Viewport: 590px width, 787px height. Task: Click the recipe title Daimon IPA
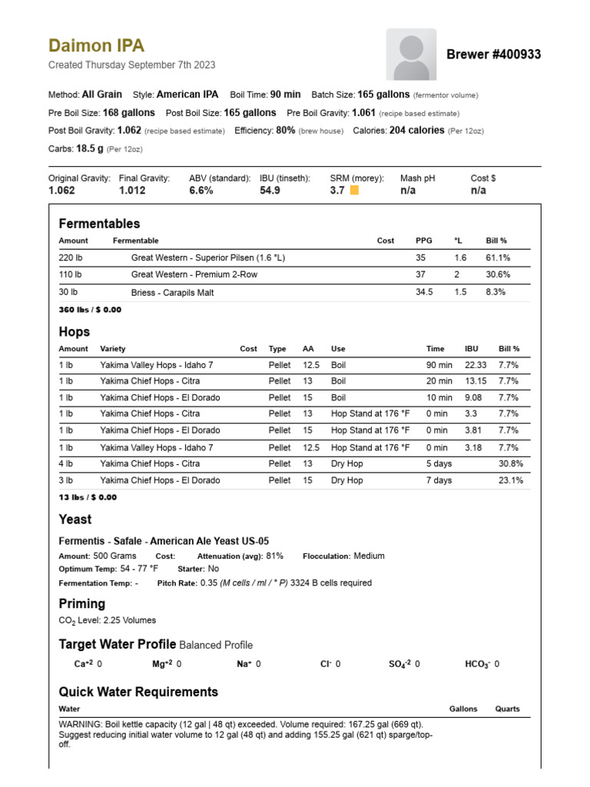click(x=96, y=46)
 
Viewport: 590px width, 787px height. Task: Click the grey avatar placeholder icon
click(x=411, y=55)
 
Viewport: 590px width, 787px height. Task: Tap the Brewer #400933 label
click(x=493, y=55)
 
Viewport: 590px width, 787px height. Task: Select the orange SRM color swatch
click(x=354, y=191)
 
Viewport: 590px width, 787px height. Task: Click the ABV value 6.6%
click(x=201, y=191)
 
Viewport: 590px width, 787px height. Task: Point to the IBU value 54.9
click(x=270, y=191)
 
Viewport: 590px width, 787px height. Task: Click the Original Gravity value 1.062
click(x=61, y=191)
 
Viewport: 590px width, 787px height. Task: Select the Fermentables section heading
click(x=99, y=224)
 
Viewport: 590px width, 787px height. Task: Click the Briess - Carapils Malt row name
click(x=172, y=293)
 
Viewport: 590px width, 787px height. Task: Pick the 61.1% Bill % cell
click(x=498, y=258)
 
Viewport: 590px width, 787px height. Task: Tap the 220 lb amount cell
click(x=70, y=258)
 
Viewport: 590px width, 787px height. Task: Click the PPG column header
click(x=424, y=241)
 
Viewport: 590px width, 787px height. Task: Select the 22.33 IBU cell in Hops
click(x=476, y=365)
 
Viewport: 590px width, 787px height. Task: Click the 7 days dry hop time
click(x=439, y=480)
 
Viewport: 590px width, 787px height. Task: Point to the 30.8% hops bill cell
click(x=511, y=463)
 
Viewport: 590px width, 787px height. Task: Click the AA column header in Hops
click(x=308, y=349)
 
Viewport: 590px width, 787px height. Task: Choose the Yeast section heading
click(x=75, y=520)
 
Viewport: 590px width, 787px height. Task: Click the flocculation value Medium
click(x=369, y=556)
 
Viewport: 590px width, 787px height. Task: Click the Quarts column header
click(x=507, y=709)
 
